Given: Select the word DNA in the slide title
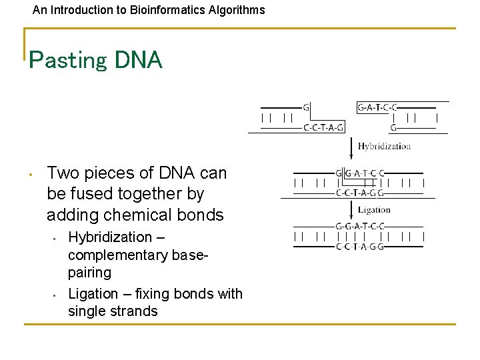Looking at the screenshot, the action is [x=138, y=60].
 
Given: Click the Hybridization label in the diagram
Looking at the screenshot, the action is [x=384, y=146].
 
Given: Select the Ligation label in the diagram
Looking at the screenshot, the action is [x=374, y=210].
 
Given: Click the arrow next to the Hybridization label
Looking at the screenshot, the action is [x=351, y=147].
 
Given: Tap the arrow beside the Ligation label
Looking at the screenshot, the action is [x=351, y=210].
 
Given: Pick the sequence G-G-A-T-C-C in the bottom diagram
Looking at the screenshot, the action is [x=359, y=226].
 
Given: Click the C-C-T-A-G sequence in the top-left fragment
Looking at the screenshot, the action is [x=323, y=127].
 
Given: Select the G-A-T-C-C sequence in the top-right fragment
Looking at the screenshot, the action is [x=377, y=107].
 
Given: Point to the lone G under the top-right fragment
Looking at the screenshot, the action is [x=393, y=127].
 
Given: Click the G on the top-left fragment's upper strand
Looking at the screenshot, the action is [x=306, y=107].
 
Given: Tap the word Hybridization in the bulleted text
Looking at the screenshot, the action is [x=111, y=237].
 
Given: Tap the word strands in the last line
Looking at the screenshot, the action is [x=135, y=311].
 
